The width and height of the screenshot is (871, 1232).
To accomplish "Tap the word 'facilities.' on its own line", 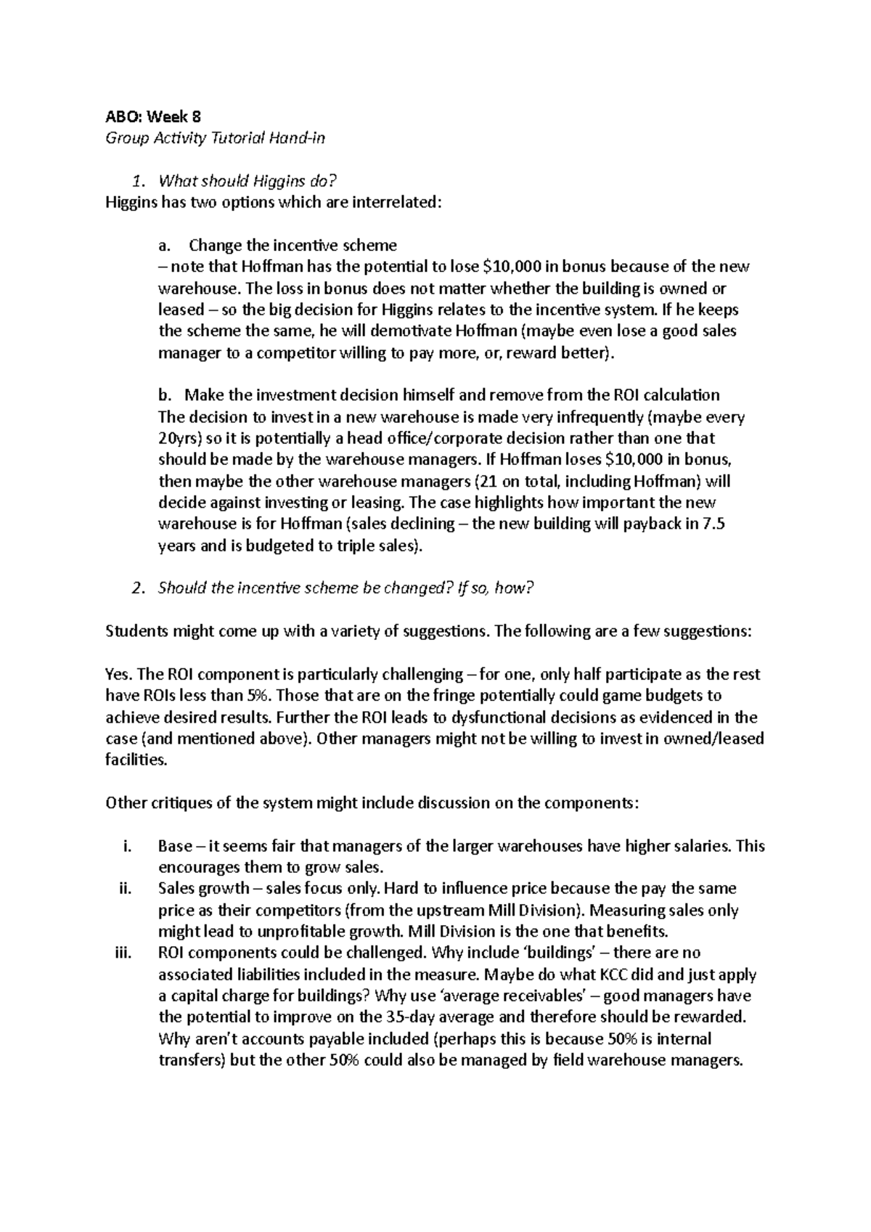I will [x=136, y=760].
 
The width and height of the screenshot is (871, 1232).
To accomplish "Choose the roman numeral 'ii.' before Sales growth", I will [x=124, y=889].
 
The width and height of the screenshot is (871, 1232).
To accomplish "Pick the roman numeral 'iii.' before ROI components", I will [x=123, y=953].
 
